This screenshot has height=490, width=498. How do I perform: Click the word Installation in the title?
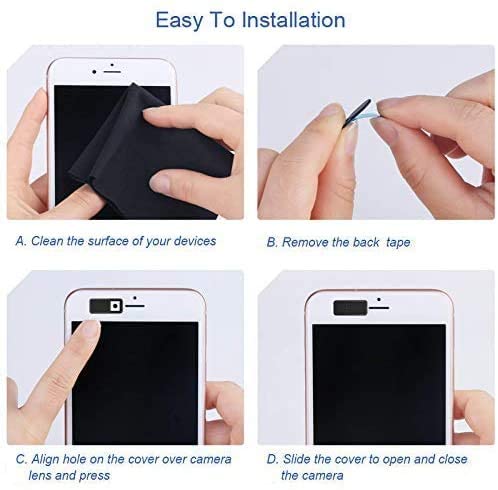tap(293, 20)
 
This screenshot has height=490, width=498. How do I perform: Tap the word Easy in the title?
tap(179, 21)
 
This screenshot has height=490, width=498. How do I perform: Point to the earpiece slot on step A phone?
tap(112, 72)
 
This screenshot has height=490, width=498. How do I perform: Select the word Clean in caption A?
tap(47, 241)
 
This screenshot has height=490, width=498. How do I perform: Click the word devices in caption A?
tap(195, 241)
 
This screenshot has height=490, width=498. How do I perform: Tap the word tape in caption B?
tap(398, 243)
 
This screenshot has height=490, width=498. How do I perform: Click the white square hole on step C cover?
tap(115, 306)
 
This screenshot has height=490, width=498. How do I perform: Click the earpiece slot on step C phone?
tap(135, 306)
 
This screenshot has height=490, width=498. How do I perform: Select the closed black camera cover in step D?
tap(350, 308)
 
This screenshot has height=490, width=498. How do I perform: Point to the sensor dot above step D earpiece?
tap(379, 300)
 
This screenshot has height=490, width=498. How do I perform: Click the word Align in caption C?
tap(45, 459)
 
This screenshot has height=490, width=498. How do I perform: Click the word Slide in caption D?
tap(297, 459)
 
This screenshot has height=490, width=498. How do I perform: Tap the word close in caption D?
tap(453, 459)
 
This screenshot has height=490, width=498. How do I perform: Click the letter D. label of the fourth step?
tap(272, 459)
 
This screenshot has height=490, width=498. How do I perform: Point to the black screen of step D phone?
tap(379, 384)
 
